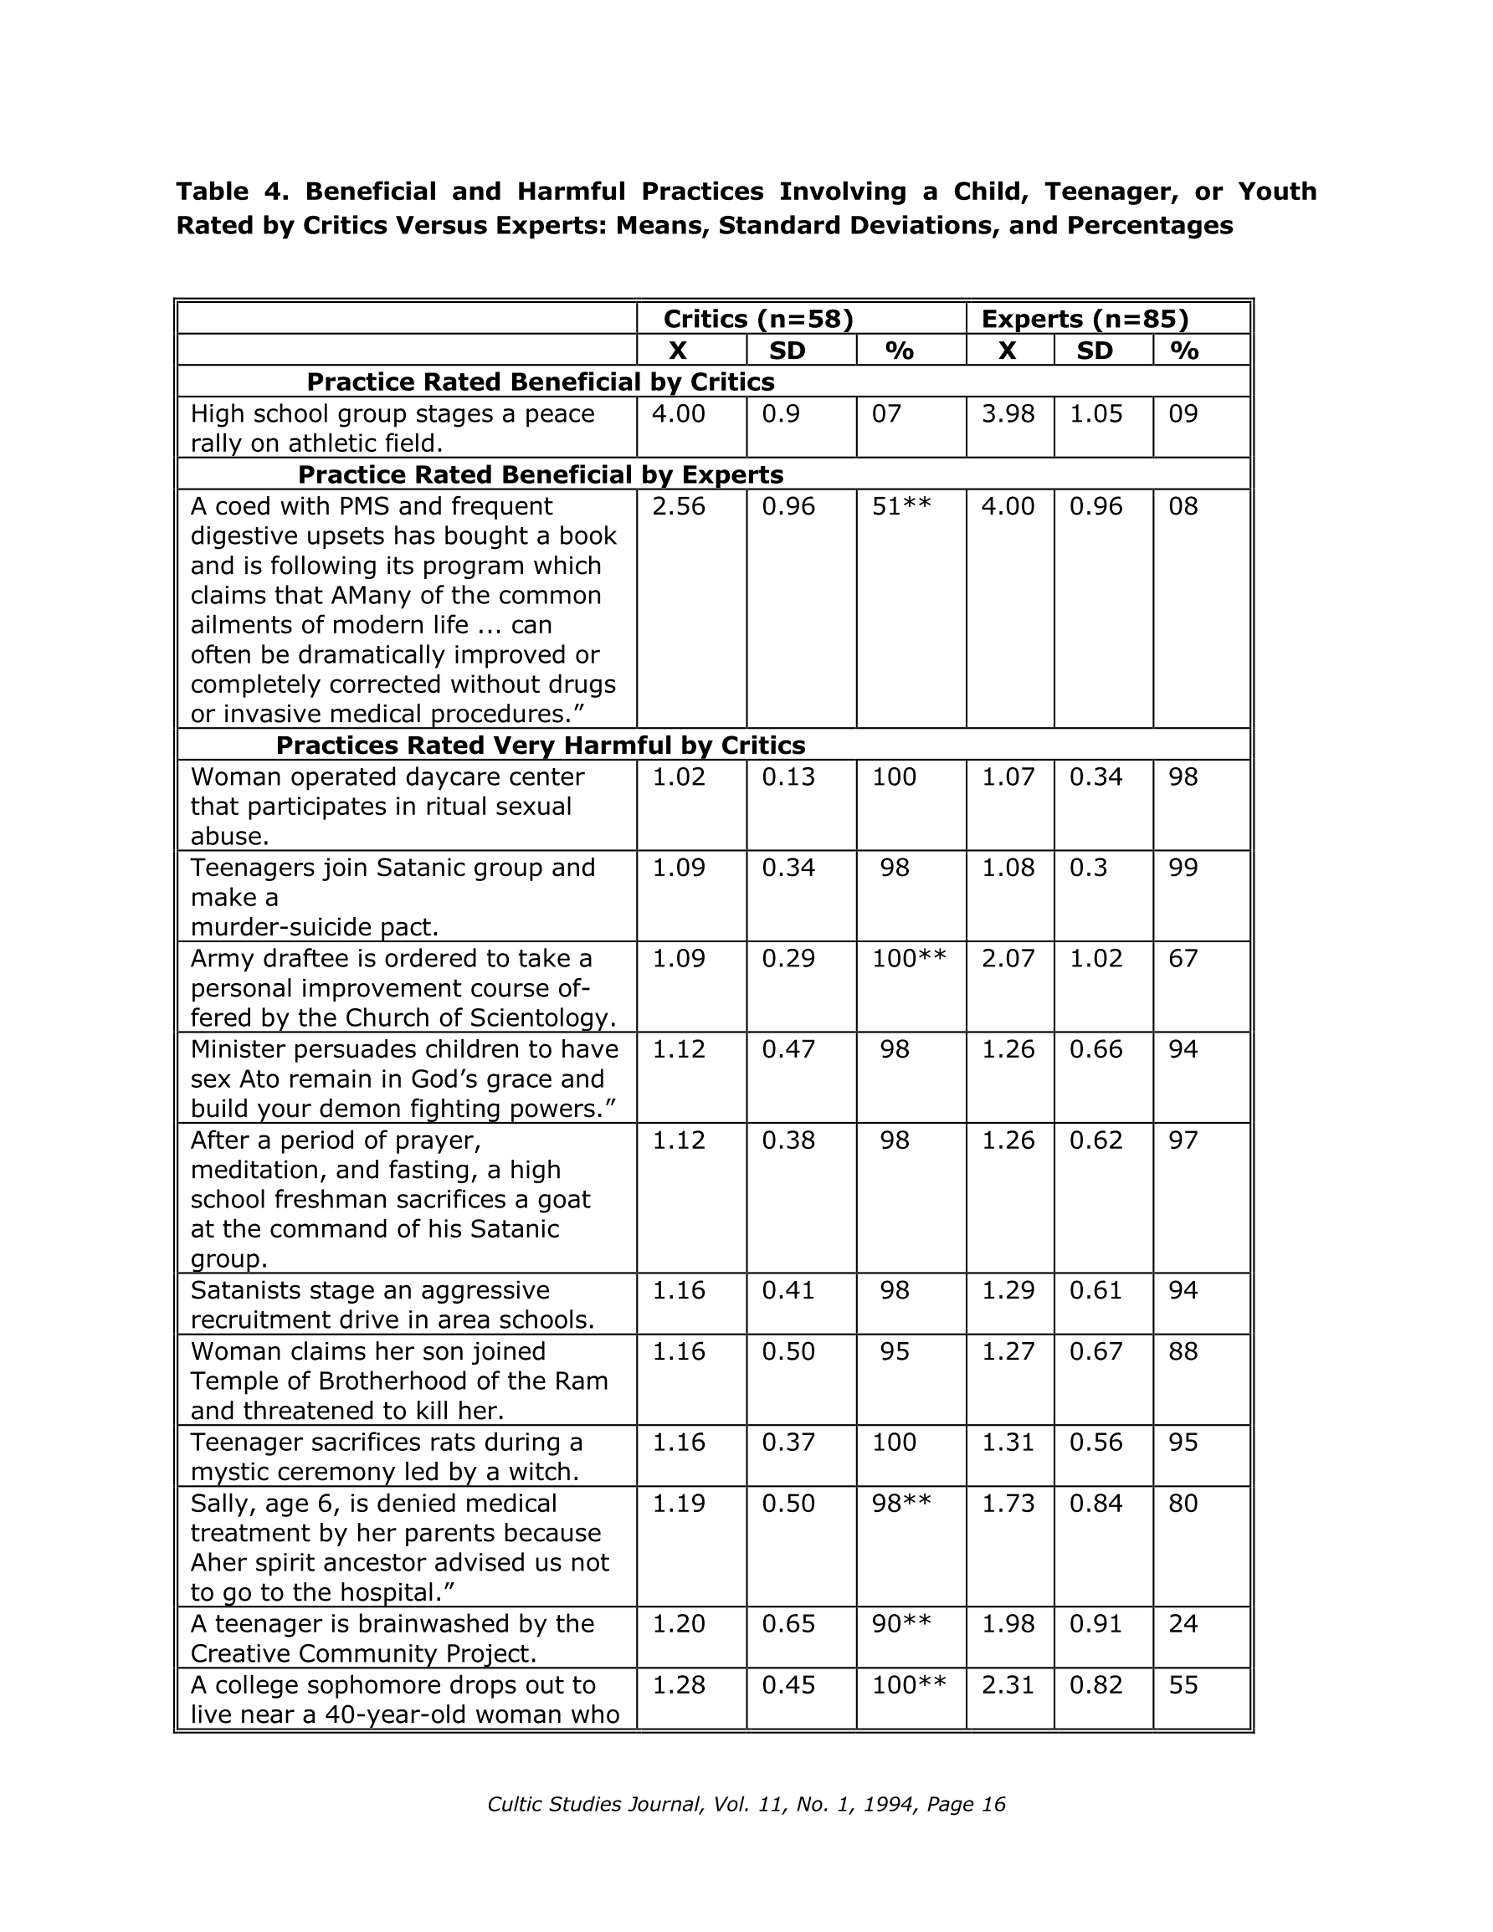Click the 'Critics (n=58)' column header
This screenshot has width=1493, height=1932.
757,319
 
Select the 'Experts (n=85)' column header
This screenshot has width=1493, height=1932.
1084,319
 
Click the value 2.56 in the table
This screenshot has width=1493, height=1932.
679,507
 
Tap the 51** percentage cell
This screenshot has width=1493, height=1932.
901,507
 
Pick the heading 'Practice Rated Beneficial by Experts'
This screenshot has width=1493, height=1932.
540,475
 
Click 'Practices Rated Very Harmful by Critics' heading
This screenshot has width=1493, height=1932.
540,745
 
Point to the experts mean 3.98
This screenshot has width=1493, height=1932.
1007,414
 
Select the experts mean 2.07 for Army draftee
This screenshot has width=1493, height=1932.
1007,959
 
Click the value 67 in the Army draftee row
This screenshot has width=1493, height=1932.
1183,959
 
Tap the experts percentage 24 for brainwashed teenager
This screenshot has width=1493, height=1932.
1183,1624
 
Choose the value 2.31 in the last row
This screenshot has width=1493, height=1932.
1007,1685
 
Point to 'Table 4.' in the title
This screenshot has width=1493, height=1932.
232,191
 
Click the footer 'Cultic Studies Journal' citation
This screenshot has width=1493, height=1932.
745,1805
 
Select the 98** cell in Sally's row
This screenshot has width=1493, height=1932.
901,1503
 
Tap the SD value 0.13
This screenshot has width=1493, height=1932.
788,776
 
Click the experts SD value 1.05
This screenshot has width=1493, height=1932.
1095,414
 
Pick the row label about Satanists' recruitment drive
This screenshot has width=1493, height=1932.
392,1304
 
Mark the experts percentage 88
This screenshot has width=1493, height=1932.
1183,1351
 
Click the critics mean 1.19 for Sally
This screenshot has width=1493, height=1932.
679,1503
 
